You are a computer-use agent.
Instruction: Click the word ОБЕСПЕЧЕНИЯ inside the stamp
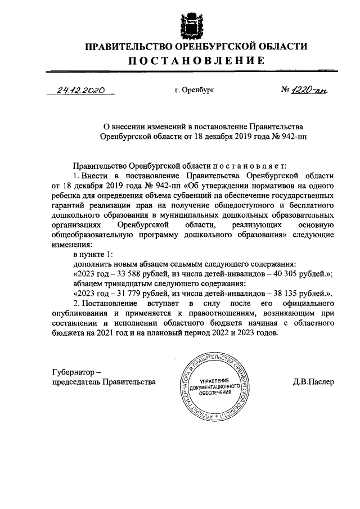(x=215, y=398)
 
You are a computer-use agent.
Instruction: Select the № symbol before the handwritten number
(x=286, y=90)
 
